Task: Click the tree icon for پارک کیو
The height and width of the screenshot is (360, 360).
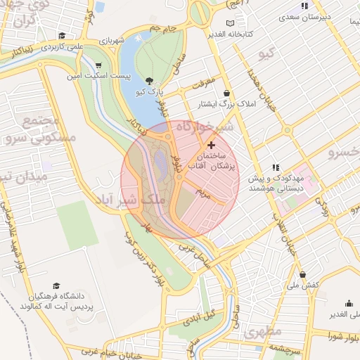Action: [148, 81]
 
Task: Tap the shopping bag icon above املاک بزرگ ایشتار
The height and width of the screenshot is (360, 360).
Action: [226, 93]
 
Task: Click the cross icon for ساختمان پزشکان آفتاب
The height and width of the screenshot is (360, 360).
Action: [210, 144]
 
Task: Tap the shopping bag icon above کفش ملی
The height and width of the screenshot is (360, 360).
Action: [303, 275]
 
